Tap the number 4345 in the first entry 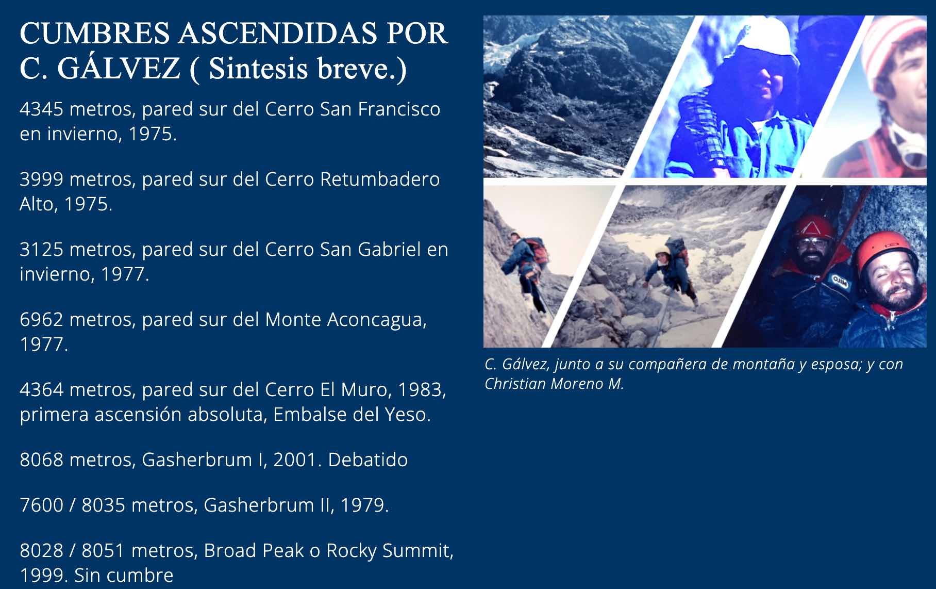(x=41, y=109)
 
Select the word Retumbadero (x=380, y=179)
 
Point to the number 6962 (x=42, y=320)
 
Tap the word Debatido (x=367, y=460)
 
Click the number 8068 (x=42, y=460)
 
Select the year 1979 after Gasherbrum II (x=365, y=505)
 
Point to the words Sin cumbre (x=124, y=575)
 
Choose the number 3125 (x=42, y=250)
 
